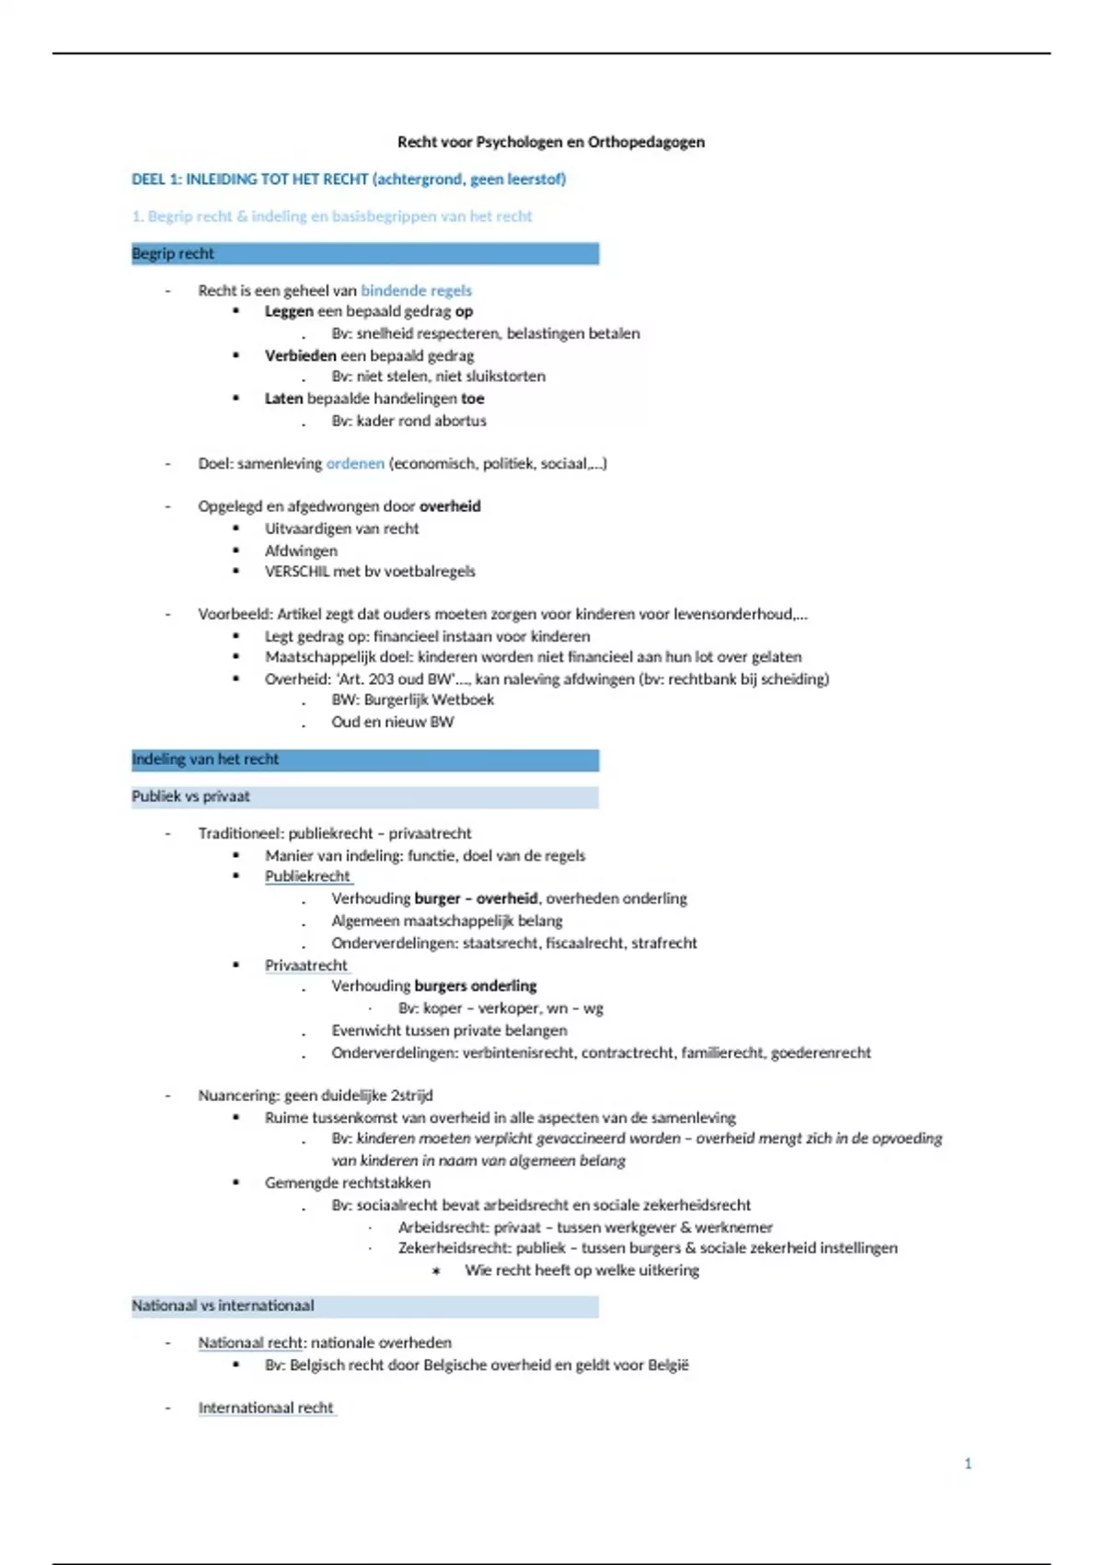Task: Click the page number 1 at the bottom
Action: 967,1463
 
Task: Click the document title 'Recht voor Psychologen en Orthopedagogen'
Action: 550,142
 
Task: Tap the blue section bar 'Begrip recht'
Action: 364,253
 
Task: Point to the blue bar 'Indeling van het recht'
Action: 364,759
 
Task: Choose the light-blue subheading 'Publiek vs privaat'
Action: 364,796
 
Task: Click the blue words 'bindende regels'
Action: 416,291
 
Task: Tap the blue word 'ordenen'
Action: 355,463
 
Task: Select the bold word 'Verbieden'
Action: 300,355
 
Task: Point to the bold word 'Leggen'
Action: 289,311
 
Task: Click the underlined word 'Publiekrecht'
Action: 307,876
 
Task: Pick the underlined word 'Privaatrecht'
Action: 306,965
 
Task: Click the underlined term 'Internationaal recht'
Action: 266,1408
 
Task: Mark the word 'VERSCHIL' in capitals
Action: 296,571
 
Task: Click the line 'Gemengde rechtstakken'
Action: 347,1182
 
